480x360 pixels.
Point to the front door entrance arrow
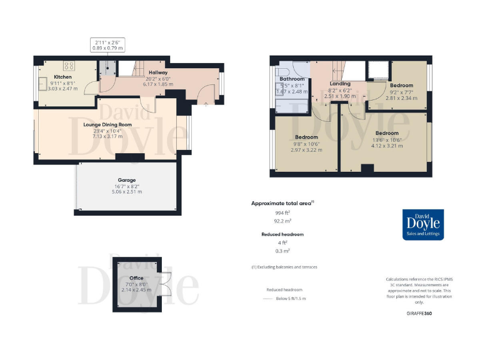tap(206, 104)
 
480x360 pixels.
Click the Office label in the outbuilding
tap(136, 277)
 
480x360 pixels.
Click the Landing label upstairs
tap(339, 83)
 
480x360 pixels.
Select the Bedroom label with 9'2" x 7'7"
tap(401, 85)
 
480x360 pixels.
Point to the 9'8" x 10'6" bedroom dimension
tap(306, 144)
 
